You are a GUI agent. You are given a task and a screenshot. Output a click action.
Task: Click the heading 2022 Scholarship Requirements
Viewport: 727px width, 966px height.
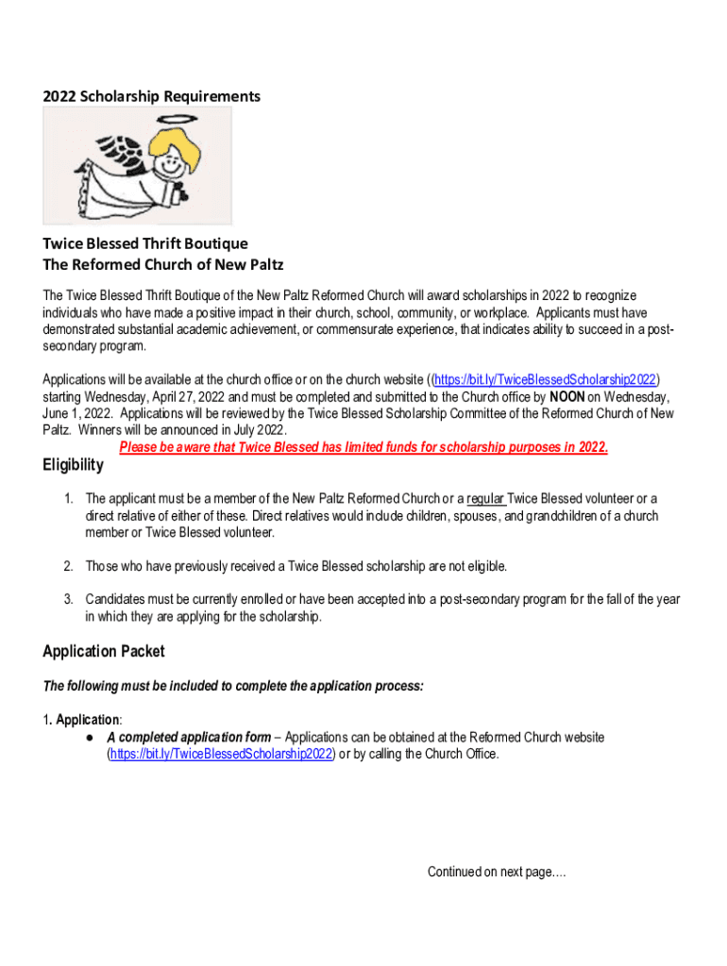coord(151,96)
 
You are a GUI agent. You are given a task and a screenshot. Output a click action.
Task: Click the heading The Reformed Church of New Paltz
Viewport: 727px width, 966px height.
coord(162,264)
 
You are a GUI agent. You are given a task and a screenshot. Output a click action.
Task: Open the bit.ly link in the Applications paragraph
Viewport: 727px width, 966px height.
coord(545,380)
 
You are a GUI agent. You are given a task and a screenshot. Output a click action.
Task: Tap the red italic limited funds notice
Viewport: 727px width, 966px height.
coord(363,447)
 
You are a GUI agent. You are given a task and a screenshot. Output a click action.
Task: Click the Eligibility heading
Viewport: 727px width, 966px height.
coord(73,465)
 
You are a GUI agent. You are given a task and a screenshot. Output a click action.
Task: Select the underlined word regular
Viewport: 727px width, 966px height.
coord(485,498)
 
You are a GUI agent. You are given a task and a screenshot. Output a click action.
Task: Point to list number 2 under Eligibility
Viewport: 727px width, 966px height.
coord(68,566)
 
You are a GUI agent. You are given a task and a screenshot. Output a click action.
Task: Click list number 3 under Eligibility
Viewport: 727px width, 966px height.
coord(68,599)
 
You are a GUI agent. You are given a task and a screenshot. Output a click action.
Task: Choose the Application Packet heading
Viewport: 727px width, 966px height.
coord(104,651)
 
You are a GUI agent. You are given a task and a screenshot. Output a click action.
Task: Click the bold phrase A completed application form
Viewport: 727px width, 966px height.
coord(189,737)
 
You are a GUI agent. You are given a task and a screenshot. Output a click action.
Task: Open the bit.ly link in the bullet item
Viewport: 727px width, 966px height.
coord(222,754)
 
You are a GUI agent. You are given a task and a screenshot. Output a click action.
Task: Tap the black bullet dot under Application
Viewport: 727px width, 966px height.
coord(88,737)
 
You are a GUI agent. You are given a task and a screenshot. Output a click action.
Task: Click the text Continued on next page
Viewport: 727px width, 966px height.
coord(497,872)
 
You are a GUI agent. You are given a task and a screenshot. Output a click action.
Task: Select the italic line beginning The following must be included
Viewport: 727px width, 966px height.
coord(233,686)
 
